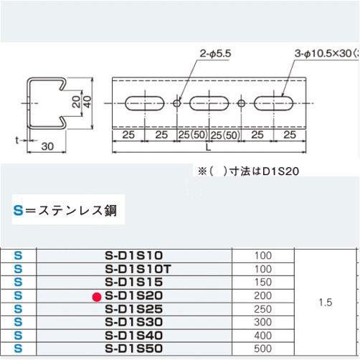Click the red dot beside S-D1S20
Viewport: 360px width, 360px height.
tap(95, 295)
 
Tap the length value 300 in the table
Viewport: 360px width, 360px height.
tap(264, 322)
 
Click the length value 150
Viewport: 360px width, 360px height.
tap(264, 281)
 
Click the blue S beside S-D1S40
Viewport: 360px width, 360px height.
tap(18, 335)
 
